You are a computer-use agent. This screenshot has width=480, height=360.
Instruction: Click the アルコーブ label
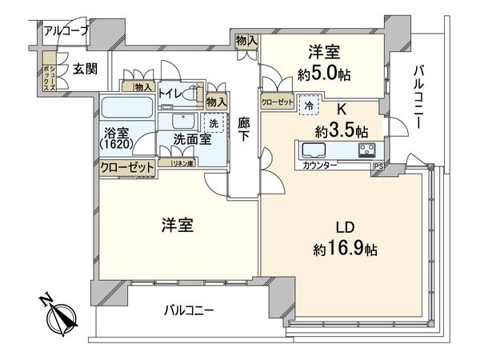pyautogui.click(x=66, y=31)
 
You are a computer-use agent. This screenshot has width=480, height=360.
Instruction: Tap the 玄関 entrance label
pyautogui.click(x=86, y=69)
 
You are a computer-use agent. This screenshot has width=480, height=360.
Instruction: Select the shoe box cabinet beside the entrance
pyautogui.click(x=50, y=70)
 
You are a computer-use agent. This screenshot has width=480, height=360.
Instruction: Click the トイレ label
pyautogui.click(x=170, y=94)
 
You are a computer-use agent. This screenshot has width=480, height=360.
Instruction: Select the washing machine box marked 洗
pyautogui.click(x=213, y=124)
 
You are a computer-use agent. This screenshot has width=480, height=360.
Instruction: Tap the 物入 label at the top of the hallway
pyautogui.click(x=246, y=40)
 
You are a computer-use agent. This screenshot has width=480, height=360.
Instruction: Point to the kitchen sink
pyautogui.click(x=311, y=150)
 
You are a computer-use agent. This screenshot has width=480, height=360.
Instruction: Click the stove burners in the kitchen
pyautogui.click(x=367, y=150)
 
